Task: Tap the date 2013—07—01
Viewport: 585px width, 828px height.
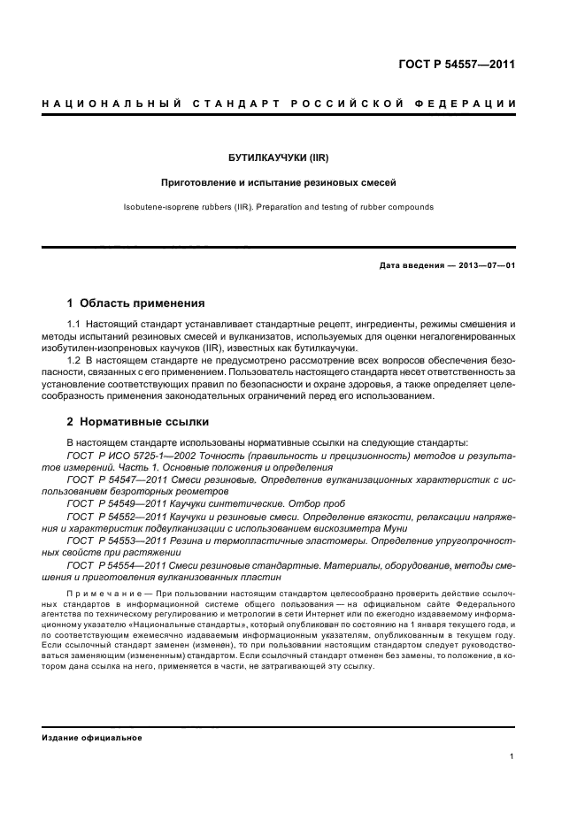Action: pyautogui.click(x=483, y=264)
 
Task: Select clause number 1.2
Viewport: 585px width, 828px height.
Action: pyautogui.click(x=75, y=361)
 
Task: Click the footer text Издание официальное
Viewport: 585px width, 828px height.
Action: pyautogui.click(x=92, y=737)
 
